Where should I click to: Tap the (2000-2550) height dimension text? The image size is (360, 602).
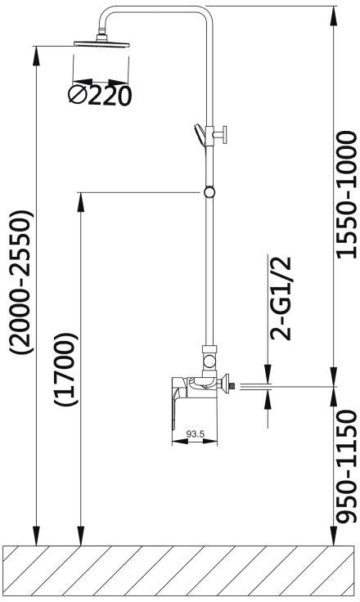click(x=23, y=281)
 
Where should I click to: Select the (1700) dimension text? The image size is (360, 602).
click(x=66, y=370)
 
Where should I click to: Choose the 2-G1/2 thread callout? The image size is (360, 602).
click(x=281, y=299)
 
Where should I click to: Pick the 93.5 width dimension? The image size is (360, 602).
click(x=196, y=434)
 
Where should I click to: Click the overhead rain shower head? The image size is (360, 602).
click(x=101, y=42)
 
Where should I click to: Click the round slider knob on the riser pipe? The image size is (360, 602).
click(x=209, y=191)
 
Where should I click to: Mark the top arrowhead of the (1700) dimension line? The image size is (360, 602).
click(x=81, y=201)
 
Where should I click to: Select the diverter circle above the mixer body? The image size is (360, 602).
click(x=209, y=362)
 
